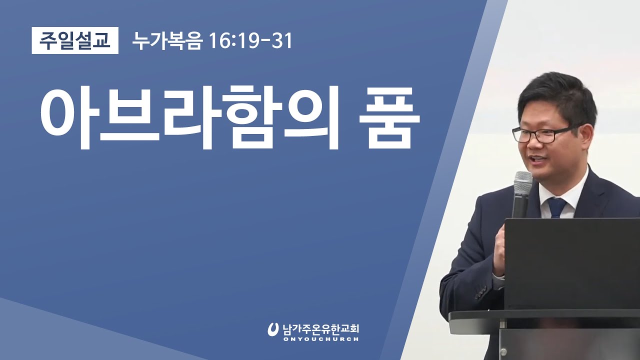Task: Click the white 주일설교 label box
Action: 75,40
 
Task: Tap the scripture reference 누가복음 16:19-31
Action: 212,41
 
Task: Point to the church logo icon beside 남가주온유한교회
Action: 273,329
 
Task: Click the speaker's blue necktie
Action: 556,207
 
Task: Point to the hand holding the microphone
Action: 500,250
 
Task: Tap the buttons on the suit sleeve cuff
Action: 481,292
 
